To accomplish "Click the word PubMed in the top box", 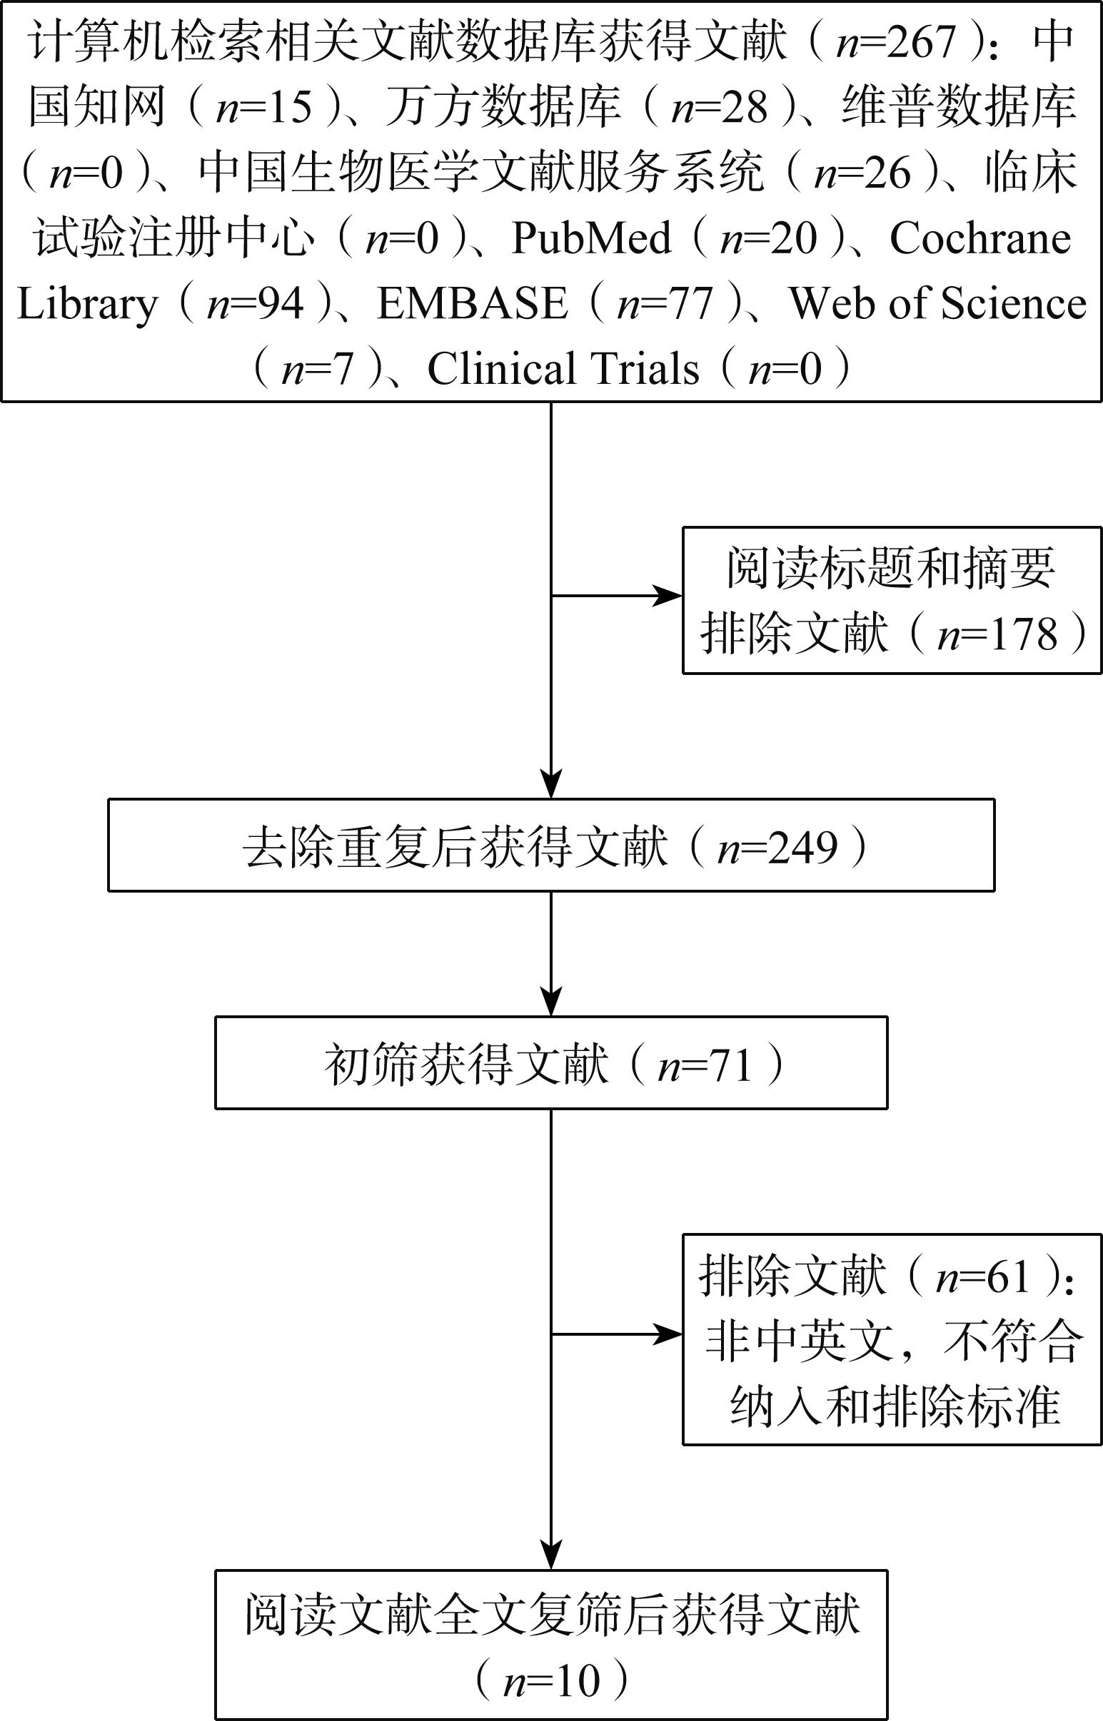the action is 591,238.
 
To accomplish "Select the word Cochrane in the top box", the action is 980,238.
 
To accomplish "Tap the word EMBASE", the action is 472,303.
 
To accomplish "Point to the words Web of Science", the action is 937,303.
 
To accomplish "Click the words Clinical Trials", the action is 563,369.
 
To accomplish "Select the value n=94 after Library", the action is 256,303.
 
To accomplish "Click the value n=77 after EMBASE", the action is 665,303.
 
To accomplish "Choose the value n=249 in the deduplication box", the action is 777,848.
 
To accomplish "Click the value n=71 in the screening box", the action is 705,1065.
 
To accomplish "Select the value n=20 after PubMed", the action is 768,238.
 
